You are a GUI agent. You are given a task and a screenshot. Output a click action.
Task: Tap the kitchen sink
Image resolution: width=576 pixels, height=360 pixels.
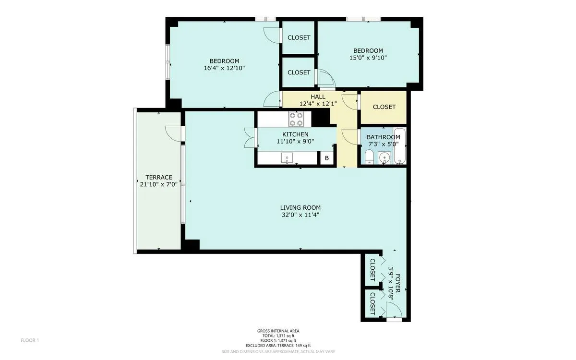point(287,157)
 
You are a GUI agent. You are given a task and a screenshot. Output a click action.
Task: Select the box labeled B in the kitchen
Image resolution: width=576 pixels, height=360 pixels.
point(327,158)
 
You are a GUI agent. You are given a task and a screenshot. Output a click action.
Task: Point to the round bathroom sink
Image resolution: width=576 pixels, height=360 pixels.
point(383,157)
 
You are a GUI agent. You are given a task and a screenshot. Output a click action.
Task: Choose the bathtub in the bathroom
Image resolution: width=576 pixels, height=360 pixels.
point(399,146)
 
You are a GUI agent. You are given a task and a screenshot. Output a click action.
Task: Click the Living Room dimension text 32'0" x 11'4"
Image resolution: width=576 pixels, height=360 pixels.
point(300,215)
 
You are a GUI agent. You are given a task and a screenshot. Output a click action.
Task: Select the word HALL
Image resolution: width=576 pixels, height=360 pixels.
point(318,97)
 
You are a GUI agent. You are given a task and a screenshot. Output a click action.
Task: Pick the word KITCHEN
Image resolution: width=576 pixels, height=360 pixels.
point(295,134)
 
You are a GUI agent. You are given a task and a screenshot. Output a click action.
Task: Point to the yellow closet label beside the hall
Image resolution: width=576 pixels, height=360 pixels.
point(384,107)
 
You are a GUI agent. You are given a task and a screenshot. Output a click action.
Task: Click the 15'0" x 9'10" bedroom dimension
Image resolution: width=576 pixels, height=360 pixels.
point(368,58)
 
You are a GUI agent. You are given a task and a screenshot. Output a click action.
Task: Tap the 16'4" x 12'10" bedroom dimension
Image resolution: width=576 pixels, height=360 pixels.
point(224,68)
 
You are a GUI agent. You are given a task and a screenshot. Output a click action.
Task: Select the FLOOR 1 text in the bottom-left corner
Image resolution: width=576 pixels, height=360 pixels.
point(30,340)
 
